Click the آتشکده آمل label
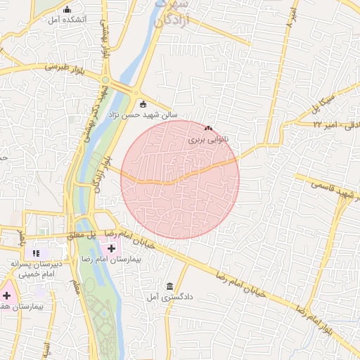pyautogui.click(x=67, y=20)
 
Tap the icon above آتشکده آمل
pyautogui.click(x=67, y=10)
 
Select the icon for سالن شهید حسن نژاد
pyautogui.click(x=143, y=103)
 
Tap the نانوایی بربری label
pyautogui.click(x=208, y=140)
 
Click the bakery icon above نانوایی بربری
pyautogui.click(x=208, y=129)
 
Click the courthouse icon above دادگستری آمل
pyautogui.click(x=169, y=285)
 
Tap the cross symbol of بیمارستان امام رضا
pyautogui.click(x=111, y=249)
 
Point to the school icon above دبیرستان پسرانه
pyautogui.click(x=37, y=252)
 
